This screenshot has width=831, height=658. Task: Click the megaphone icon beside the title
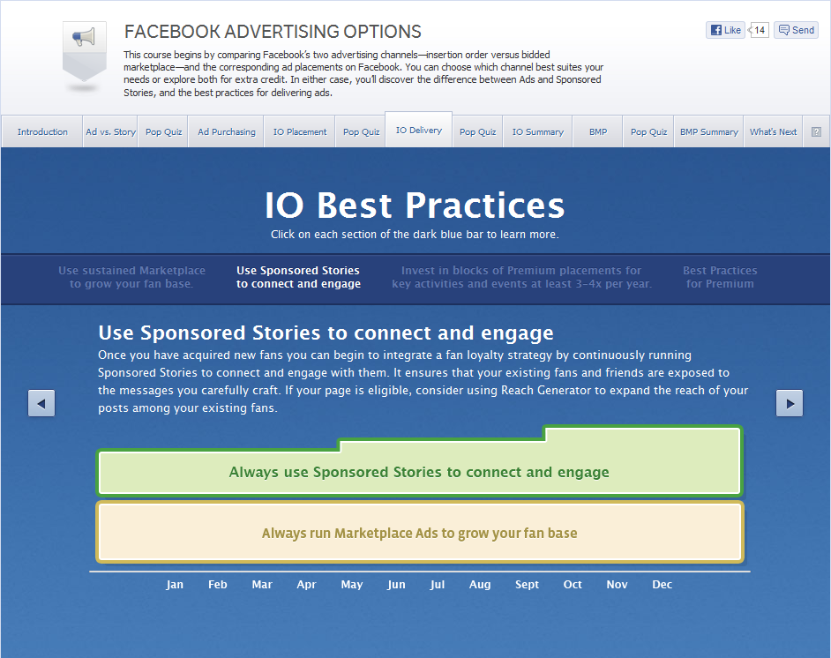coord(84,38)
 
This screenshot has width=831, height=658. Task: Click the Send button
coord(796,30)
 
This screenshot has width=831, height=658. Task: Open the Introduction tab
coord(42,132)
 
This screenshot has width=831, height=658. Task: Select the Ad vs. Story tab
coord(110,132)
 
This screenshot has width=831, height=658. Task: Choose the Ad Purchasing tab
coord(227,132)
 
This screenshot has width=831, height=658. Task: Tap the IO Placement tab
coord(299,132)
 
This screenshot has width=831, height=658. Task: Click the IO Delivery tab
coord(419,131)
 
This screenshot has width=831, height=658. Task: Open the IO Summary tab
coord(537,132)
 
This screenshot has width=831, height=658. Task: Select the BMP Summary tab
coord(708,132)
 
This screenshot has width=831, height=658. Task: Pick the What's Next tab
coord(773,132)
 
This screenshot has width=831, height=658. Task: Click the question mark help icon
coord(816,132)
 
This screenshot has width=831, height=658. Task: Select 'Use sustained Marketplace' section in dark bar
coord(131,277)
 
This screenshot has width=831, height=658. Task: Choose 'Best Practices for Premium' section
coord(720,277)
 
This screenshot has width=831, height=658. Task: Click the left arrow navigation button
coord(41,403)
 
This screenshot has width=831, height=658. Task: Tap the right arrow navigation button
coord(790,403)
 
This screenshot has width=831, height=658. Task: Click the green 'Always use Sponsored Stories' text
coord(419,472)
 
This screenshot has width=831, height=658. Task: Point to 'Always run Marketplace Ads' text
coord(419,533)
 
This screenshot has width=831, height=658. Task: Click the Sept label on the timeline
coord(527,585)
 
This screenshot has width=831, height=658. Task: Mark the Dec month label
coord(662,585)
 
